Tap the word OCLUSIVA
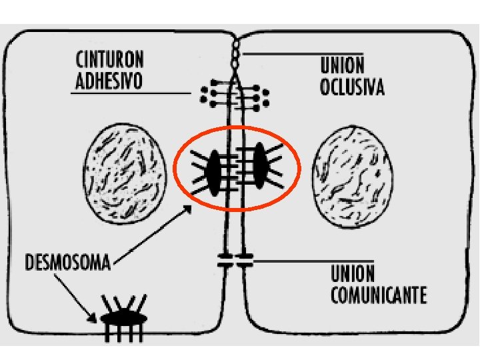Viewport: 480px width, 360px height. click(x=352, y=87)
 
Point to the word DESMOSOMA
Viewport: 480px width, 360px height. click(x=67, y=260)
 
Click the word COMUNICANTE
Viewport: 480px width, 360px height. click(x=378, y=294)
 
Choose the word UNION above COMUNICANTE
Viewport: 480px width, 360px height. click(x=352, y=274)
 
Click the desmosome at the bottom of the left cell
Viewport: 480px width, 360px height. click(x=123, y=319)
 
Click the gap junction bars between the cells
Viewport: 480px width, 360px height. click(x=235, y=260)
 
